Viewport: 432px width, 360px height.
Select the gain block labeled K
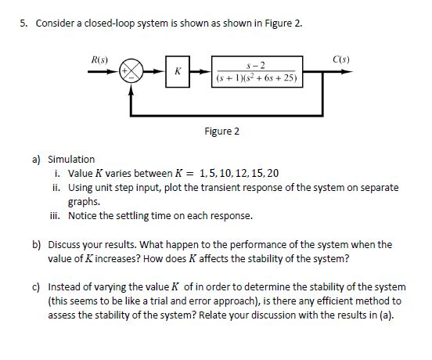tap(178, 71)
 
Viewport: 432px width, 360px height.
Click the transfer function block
tap(258, 71)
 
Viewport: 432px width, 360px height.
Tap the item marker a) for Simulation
tap(36, 159)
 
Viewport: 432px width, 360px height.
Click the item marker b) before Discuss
tap(36, 244)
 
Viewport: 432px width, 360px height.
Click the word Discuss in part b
tap(65, 244)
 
